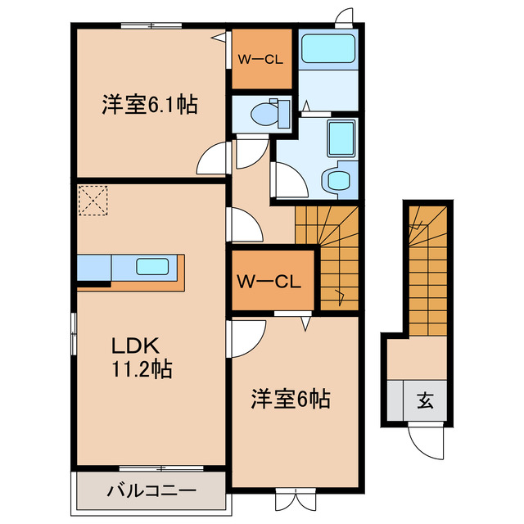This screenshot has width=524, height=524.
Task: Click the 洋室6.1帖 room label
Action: [x=150, y=105]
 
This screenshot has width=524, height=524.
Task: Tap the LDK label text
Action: [x=135, y=346]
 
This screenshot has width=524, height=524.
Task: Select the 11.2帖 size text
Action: [x=142, y=369]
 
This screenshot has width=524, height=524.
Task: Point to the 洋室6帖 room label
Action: [x=291, y=399]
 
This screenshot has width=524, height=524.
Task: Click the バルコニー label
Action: [x=151, y=490]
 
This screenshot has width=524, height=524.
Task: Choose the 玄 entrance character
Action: [x=425, y=400]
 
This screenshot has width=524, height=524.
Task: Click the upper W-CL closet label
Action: [x=260, y=60]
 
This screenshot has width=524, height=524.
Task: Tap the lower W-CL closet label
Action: [x=269, y=282]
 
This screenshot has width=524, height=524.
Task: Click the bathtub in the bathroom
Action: [x=327, y=49]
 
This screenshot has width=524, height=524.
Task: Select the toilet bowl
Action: [x=263, y=113]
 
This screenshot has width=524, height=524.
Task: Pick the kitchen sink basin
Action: [x=152, y=267]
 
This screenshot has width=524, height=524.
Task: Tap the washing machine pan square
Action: [x=341, y=138]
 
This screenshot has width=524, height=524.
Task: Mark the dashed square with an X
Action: [x=93, y=201]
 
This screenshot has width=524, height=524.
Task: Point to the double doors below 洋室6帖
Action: [x=296, y=499]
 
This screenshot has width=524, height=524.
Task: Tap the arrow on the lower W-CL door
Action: [x=305, y=324]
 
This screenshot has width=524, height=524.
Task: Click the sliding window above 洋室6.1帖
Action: [x=151, y=25]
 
